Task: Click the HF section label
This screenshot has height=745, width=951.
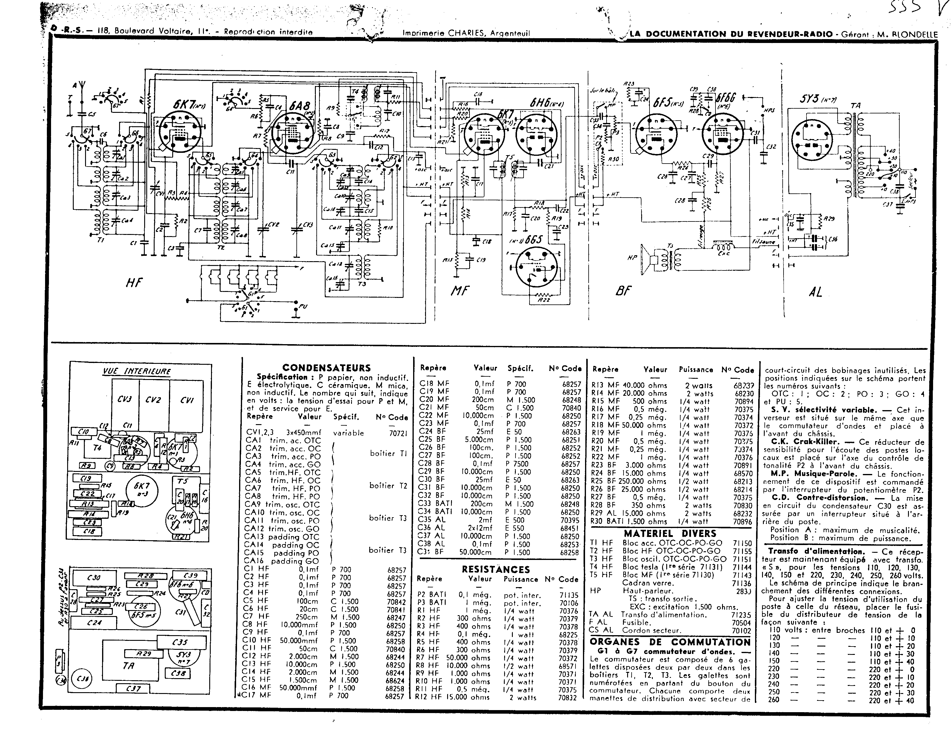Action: tap(134, 283)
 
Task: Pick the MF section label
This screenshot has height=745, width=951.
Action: tap(459, 290)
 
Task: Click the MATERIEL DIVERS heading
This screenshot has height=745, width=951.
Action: tap(670, 533)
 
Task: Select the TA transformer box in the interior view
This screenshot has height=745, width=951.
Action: tap(128, 666)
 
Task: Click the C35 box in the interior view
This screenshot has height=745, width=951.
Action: tap(180, 642)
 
